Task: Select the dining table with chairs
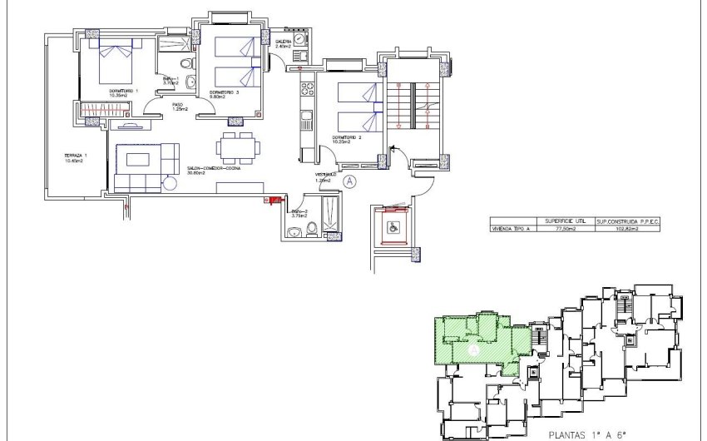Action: pos(235,148)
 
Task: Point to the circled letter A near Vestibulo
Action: pos(349,179)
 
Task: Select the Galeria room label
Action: pos(284,42)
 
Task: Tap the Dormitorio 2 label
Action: pos(347,139)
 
